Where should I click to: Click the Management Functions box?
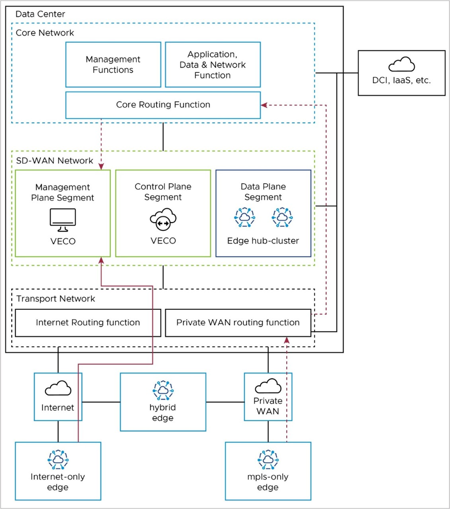pos(113,65)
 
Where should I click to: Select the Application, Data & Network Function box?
pos(212,65)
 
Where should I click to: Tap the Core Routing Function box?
pos(163,105)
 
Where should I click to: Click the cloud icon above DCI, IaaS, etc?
pos(402,65)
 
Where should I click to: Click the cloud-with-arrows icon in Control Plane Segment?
pos(163,220)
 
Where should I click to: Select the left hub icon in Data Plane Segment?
pos(244,217)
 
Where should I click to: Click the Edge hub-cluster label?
pos(263,240)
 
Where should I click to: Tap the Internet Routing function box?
pos(88,323)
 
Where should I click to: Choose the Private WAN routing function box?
pos(238,323)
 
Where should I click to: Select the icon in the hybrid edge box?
pos(163,390)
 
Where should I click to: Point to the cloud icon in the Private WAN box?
pos(268,385)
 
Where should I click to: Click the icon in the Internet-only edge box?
pos(58,460)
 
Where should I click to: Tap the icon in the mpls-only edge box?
pos(268,460)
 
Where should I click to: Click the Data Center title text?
pos(40,14)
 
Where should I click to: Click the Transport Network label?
pos(56,299)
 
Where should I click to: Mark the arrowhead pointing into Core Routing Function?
pos(264,105)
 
